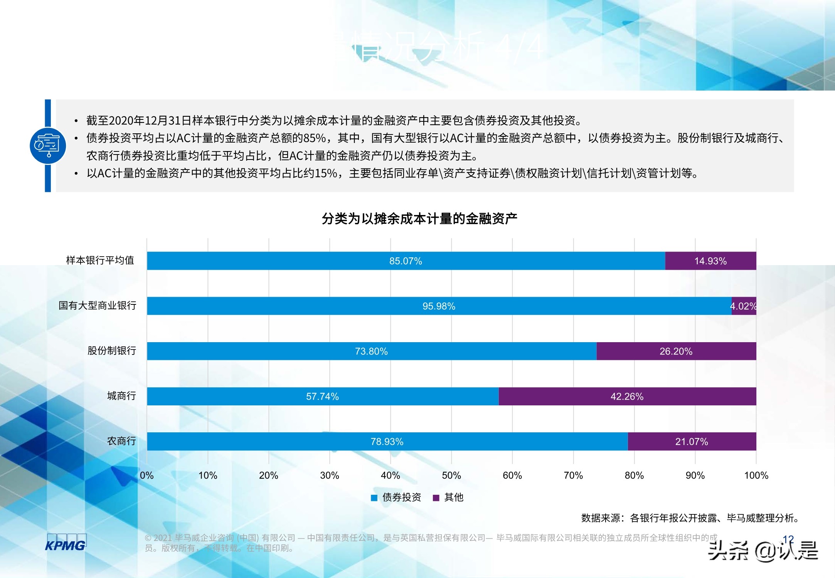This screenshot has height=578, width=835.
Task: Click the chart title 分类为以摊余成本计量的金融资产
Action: pyautogui.click(x=419, y=219)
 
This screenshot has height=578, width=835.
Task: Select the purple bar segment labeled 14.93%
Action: pyautogui.click(x=710, y=261)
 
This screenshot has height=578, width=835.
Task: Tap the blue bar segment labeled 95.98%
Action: pyautogui.click(x=439, y=306)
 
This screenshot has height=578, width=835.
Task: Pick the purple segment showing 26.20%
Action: pyautogui.click(x=676, y=351)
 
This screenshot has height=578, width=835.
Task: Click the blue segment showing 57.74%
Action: pyautogui.click(x=322, y=396)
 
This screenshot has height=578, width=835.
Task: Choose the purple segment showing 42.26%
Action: pyautogui.click(x=627, y=396)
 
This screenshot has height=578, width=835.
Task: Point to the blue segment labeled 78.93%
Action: pyautogui.click(x=387, y=441)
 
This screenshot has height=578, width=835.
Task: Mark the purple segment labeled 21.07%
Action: pyautogui.click(x=692, y=441)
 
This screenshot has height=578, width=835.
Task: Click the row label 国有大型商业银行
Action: pyautogui.click(x=98, y=306)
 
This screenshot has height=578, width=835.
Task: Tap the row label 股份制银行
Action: pyautogui.click(x=112, y=351)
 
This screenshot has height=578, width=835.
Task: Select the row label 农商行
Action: pyautogui.click(x=121, y=441)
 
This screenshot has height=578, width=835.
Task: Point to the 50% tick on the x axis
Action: pyautogui.click(x=451, y=476)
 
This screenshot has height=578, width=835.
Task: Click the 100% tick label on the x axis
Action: pyautogui.click(x=756, y=476)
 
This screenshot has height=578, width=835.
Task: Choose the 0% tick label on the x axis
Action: pyautogui.click(x=147, y=476)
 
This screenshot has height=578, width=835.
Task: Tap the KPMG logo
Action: pyautogui.click(x=66, y=543)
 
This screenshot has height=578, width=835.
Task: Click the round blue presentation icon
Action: pyautogui.click(x=48, y=146)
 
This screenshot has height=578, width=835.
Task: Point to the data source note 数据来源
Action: pyautogui.click(x=690, y=518)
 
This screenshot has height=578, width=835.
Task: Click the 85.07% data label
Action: pyautogui.click(x=406, y=261)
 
